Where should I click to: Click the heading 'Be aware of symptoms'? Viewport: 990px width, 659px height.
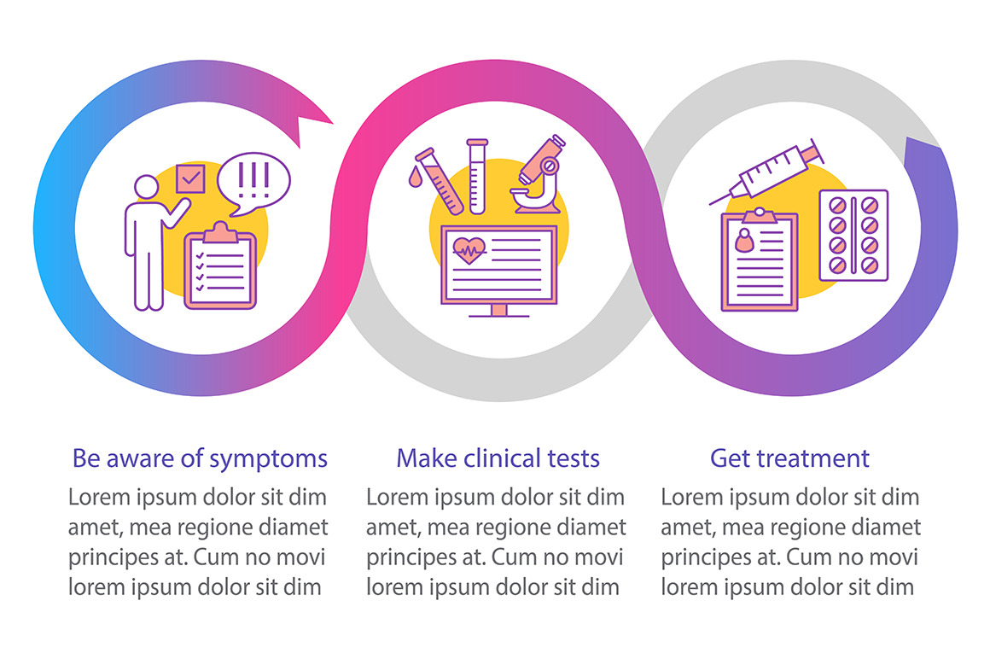point(200,459)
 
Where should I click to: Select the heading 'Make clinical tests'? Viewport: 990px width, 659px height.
point(498,458)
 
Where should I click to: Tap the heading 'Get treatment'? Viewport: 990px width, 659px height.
point(789,458)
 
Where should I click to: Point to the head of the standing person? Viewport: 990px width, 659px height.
point(147,187)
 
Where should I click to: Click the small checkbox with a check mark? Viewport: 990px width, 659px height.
point(189,178)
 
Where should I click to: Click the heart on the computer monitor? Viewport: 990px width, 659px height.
point(469,250)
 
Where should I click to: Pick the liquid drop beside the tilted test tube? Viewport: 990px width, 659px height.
point(415,178)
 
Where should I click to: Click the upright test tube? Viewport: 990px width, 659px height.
point(477,176)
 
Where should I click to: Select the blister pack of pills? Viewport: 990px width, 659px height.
point(853,236)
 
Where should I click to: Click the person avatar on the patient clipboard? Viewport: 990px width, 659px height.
point(745,240)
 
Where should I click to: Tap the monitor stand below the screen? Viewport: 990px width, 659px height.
point(498,311)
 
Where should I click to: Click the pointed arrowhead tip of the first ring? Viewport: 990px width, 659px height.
point(333,124)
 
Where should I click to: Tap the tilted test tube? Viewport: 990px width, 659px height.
point(440,180)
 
